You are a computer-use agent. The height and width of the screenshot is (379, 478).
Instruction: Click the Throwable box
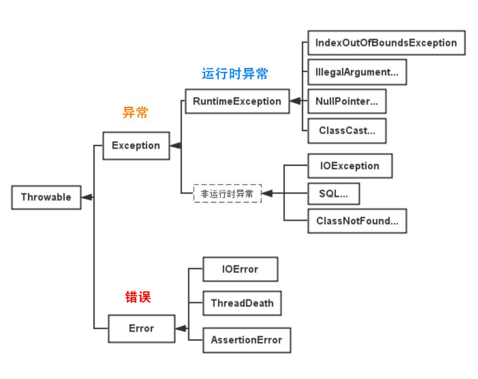46,197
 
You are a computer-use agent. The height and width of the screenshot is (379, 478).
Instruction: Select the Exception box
136,145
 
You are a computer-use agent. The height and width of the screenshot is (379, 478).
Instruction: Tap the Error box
141,328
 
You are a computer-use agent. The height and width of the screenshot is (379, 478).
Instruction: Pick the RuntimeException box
237,101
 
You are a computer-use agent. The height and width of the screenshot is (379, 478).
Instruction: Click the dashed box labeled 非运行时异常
227,193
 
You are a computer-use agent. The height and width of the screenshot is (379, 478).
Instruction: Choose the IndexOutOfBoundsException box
386,43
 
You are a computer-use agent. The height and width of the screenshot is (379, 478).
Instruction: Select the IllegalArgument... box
357,72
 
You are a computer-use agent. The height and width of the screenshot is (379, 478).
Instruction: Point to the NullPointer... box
346,101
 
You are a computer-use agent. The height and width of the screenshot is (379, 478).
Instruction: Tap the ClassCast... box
346,131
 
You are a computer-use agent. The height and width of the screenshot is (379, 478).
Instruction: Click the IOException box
350,166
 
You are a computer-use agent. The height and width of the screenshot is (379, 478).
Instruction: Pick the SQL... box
333,193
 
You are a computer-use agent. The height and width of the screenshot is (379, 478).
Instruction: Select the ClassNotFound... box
357,221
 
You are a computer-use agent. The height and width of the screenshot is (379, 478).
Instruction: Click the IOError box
240,269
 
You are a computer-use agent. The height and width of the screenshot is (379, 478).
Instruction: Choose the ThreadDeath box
242,303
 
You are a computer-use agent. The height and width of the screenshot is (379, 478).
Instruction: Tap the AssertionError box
246,340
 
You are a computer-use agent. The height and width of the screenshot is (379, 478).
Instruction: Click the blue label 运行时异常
235,74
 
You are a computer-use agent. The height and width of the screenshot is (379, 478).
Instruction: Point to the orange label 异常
136,113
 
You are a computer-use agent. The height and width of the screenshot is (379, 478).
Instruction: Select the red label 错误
138,297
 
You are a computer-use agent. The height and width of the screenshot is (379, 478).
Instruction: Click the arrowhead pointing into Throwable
87,197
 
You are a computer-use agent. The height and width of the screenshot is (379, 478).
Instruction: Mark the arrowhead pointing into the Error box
181,328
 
